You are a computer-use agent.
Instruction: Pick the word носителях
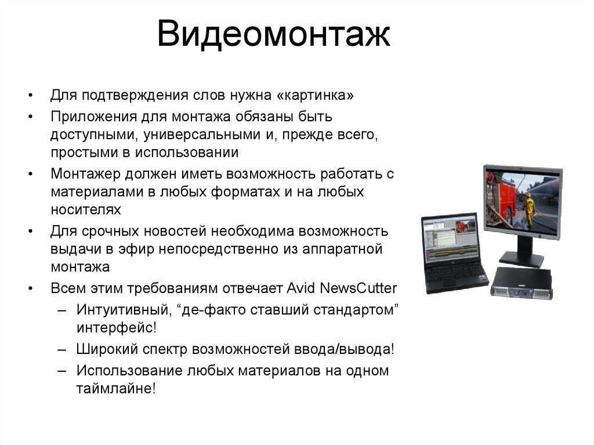point(86,209)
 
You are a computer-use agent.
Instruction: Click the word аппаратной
point(342,249)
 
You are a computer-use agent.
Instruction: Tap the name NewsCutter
point(358,288)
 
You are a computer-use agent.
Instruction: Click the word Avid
point(301,288)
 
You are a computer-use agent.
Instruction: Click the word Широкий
point(107,349)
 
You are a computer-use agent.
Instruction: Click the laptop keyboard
point(455,272)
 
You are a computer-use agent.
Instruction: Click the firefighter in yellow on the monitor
point(528,207)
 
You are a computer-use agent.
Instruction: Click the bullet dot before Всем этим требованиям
point(31,288)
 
